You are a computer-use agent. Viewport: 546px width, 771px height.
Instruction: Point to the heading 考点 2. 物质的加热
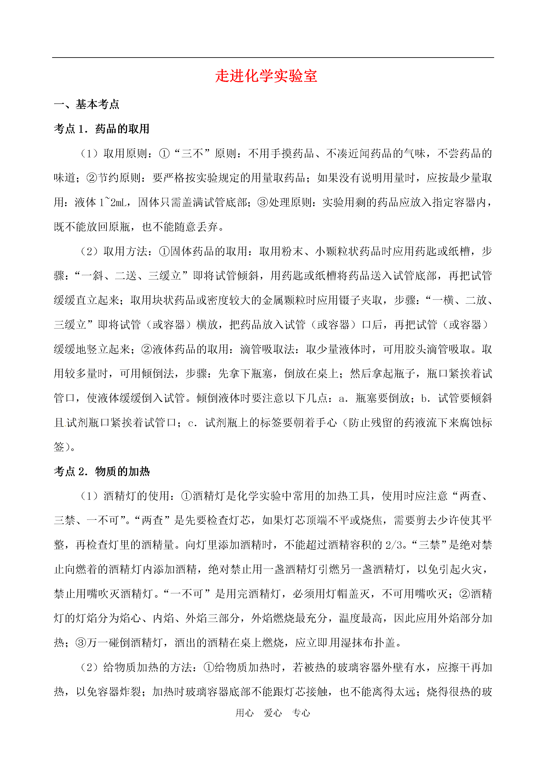102,472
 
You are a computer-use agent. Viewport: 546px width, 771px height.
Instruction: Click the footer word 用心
244,713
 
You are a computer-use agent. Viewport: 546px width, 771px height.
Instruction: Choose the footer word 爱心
273,713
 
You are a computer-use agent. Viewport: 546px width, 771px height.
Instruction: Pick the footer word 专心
301,713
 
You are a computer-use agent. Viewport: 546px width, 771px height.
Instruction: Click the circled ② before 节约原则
92,178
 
